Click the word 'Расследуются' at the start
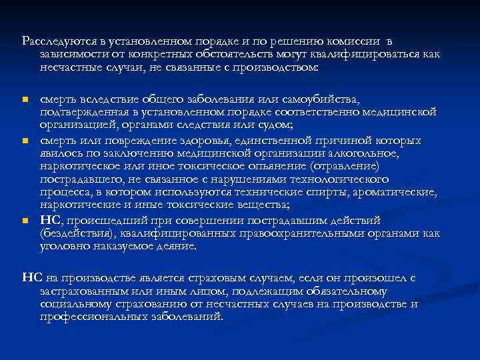[53, 41]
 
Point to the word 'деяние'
[173, 245]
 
